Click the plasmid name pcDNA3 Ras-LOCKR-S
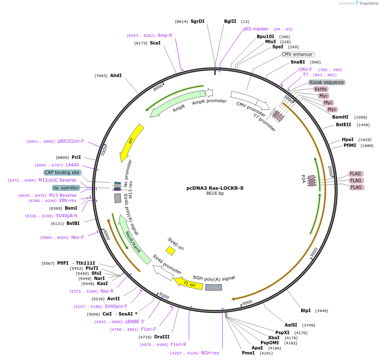215,188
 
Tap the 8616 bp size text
215,194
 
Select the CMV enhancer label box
297,54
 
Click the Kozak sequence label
327,82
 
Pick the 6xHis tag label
320,89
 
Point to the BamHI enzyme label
340,117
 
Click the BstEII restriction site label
343,125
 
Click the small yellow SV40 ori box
170,251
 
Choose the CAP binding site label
62,172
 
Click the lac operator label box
66,188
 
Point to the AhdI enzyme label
116,75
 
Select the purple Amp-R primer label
164,35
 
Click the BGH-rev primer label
210,353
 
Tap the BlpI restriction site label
305,310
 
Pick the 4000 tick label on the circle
247,302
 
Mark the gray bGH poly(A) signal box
214,287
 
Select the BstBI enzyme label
73,223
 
